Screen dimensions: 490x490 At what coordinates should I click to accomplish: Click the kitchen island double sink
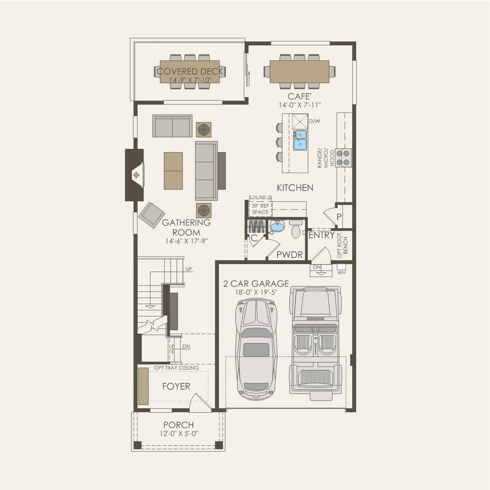300,140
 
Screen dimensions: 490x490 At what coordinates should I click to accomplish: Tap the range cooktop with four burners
343,158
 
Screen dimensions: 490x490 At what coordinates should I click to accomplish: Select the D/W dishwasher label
314,121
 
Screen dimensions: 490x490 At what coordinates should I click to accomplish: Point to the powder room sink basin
278,226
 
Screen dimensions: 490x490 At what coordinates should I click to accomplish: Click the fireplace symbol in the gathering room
137,175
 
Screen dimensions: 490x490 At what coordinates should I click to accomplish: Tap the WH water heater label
342,272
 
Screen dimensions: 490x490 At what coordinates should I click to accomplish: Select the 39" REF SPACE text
260,209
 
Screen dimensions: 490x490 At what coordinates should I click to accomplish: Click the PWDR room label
290,255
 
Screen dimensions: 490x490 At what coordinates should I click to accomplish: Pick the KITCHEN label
295,188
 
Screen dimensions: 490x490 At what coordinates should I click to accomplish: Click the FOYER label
176,387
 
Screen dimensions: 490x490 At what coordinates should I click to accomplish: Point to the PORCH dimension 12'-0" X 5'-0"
179,434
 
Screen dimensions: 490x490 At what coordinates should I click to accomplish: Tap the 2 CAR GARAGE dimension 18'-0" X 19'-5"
256,293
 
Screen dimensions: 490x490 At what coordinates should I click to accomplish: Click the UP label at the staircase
189,269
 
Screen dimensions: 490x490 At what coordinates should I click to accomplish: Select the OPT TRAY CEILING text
176,368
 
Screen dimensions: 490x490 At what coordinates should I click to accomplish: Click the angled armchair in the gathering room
151,215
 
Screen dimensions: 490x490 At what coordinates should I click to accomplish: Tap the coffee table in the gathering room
173,171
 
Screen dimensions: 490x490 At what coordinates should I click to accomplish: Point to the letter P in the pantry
339,217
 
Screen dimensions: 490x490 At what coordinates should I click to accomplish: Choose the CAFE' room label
300,97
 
